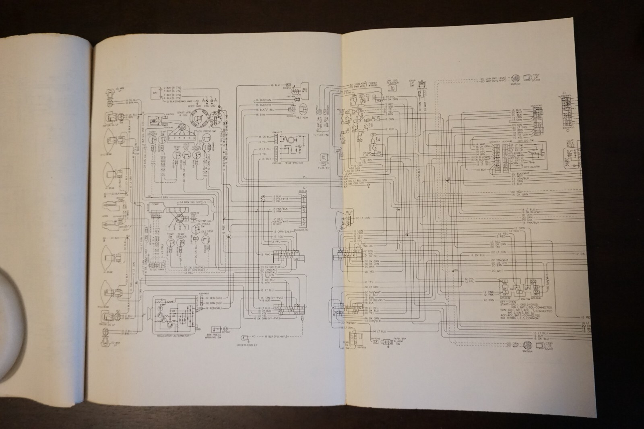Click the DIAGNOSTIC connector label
click(x=301, y=229)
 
